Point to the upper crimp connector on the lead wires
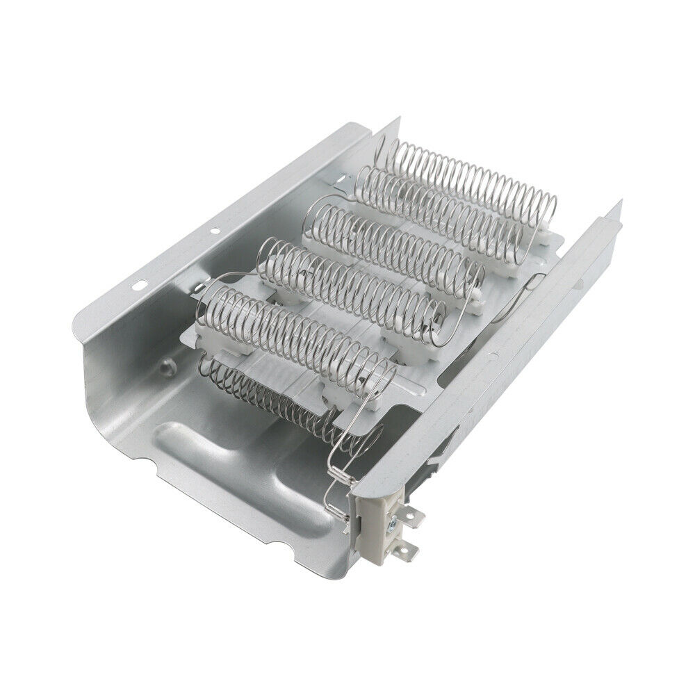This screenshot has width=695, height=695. tap(338, 472)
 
